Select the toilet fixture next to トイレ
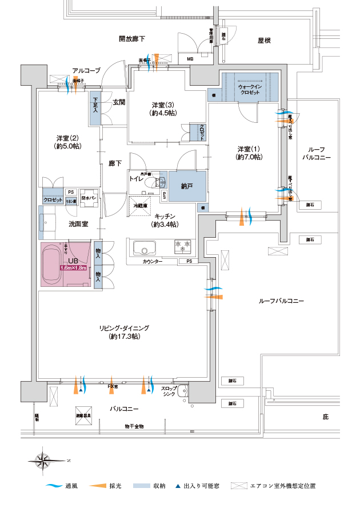click(x=151, y=183)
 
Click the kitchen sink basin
click(x=143, y=249)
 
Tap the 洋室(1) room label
click(x=250, y=153)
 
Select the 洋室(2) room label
click(x=68, y=142)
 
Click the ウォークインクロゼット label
click(x=250, y=89)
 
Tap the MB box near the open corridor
click(x=190, y=58)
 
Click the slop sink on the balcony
click(x=182, y=393)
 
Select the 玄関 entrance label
click(x=118, y=102)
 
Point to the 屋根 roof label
click(x=264, y=41)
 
